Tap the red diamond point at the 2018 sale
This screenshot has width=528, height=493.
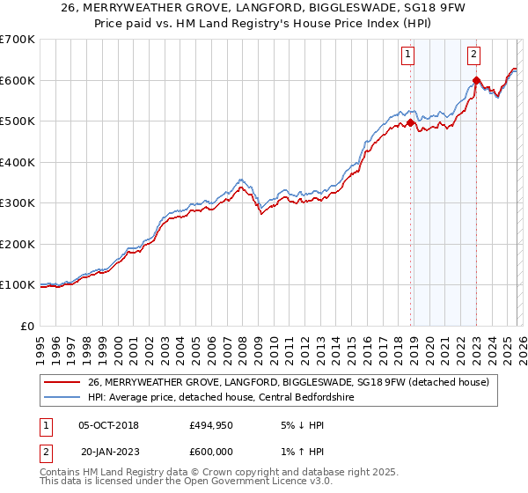[x=410, y=123]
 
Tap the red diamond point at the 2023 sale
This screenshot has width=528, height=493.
[x=476, y=81]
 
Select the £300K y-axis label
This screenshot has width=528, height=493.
[x=18, y=203]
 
